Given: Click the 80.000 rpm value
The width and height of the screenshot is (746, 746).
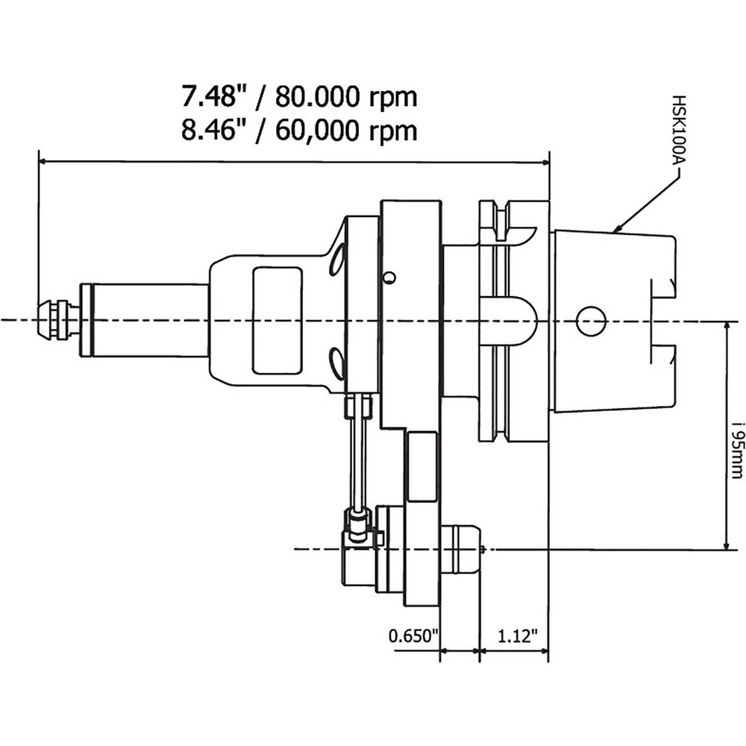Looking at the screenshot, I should click(x=346, y=96).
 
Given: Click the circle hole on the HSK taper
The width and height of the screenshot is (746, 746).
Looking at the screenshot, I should click(x=590, y=321).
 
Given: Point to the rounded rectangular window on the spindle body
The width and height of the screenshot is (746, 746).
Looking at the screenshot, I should click(x=277, y=320).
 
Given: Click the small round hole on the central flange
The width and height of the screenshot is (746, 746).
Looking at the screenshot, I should click(x=387, y=278).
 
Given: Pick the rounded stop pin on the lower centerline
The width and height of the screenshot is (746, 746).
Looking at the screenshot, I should click(x=463, y=550).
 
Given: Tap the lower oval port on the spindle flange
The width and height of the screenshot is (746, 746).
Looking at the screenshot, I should click(x=338, y=365).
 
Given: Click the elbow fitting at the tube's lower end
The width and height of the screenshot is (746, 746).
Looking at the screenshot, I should click(x=357, y=527).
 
